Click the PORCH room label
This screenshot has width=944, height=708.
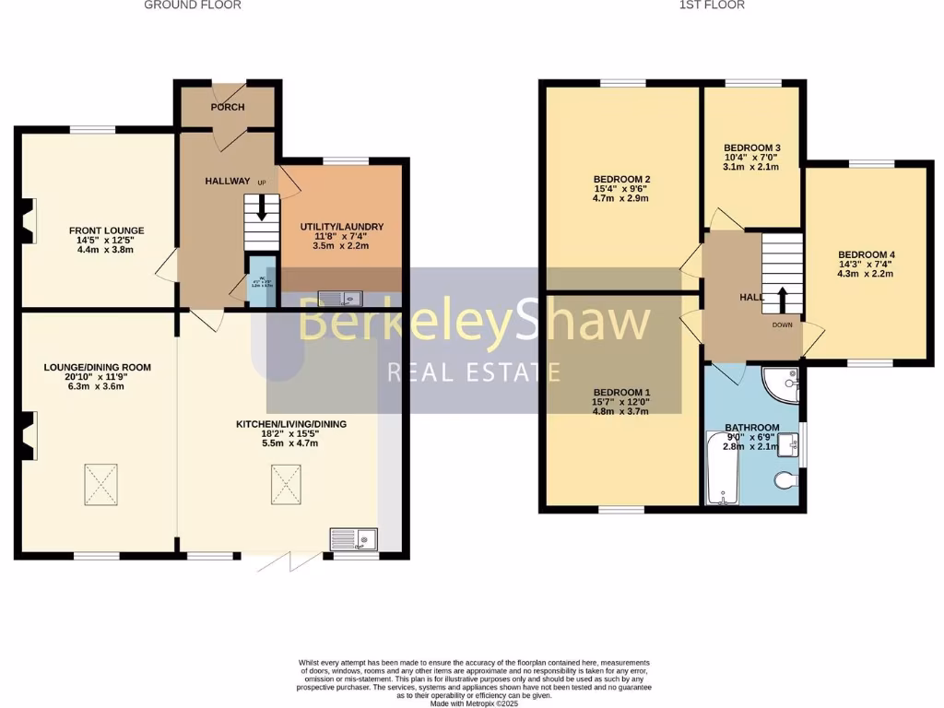(228, 107)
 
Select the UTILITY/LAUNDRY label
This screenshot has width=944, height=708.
(342, 227)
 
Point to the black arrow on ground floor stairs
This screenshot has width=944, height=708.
(262, 209)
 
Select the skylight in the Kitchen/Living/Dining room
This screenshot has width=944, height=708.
(285, 484)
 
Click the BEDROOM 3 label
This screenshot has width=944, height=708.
(752, 147)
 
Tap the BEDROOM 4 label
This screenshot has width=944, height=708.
(866, 254)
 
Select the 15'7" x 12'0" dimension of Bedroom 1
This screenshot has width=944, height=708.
(620, 402)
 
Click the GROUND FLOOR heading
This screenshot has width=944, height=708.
(194, 5)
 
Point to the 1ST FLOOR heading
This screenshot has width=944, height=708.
(712, 5)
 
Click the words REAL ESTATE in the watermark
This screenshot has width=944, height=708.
(474, 372)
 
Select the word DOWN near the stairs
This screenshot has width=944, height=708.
(783, 325)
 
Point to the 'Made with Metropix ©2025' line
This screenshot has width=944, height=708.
(475, 703)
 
